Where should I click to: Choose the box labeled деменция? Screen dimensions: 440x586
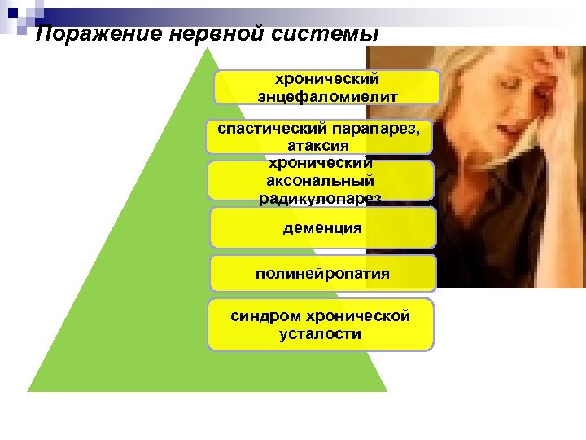323,227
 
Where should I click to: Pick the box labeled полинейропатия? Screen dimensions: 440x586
323,274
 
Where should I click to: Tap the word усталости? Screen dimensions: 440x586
320,333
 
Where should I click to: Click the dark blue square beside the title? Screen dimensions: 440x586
15,14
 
